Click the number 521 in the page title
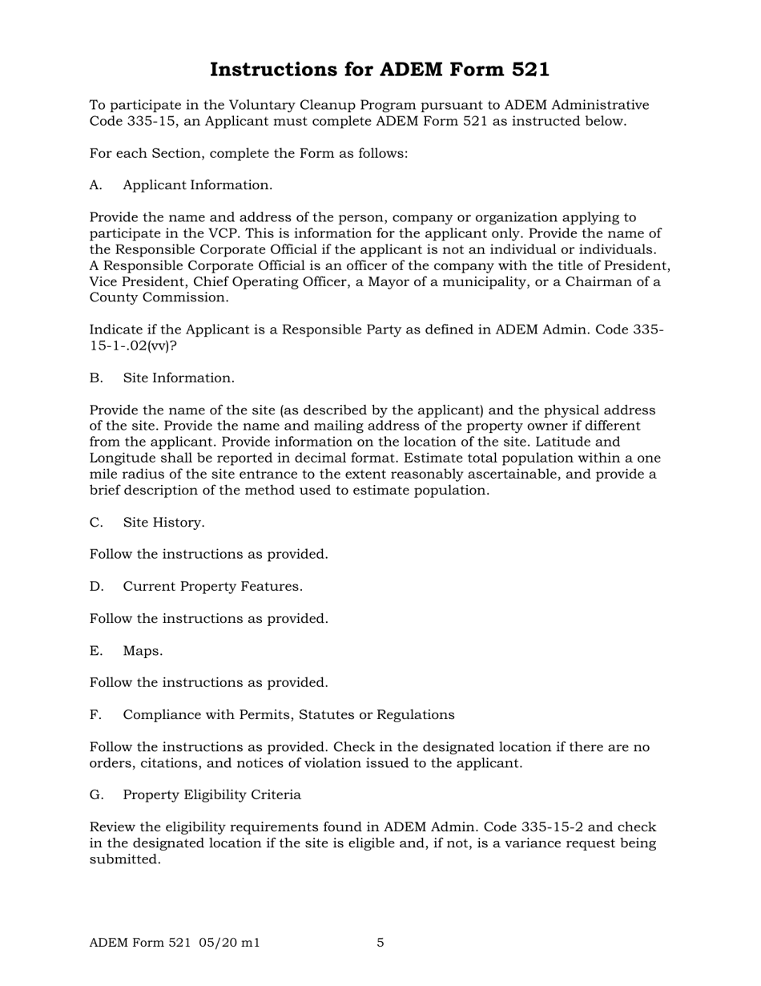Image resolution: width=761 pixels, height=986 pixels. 526,70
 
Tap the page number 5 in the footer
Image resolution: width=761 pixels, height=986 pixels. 380,943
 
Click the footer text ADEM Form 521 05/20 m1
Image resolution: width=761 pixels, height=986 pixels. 175,943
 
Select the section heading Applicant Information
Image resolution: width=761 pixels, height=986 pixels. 197,185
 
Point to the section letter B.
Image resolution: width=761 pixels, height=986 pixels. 96,378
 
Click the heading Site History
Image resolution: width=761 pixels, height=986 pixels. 163,523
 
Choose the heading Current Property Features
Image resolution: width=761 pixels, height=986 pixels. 212,587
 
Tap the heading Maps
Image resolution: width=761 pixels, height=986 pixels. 143,651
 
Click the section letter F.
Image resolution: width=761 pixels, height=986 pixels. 95,715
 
